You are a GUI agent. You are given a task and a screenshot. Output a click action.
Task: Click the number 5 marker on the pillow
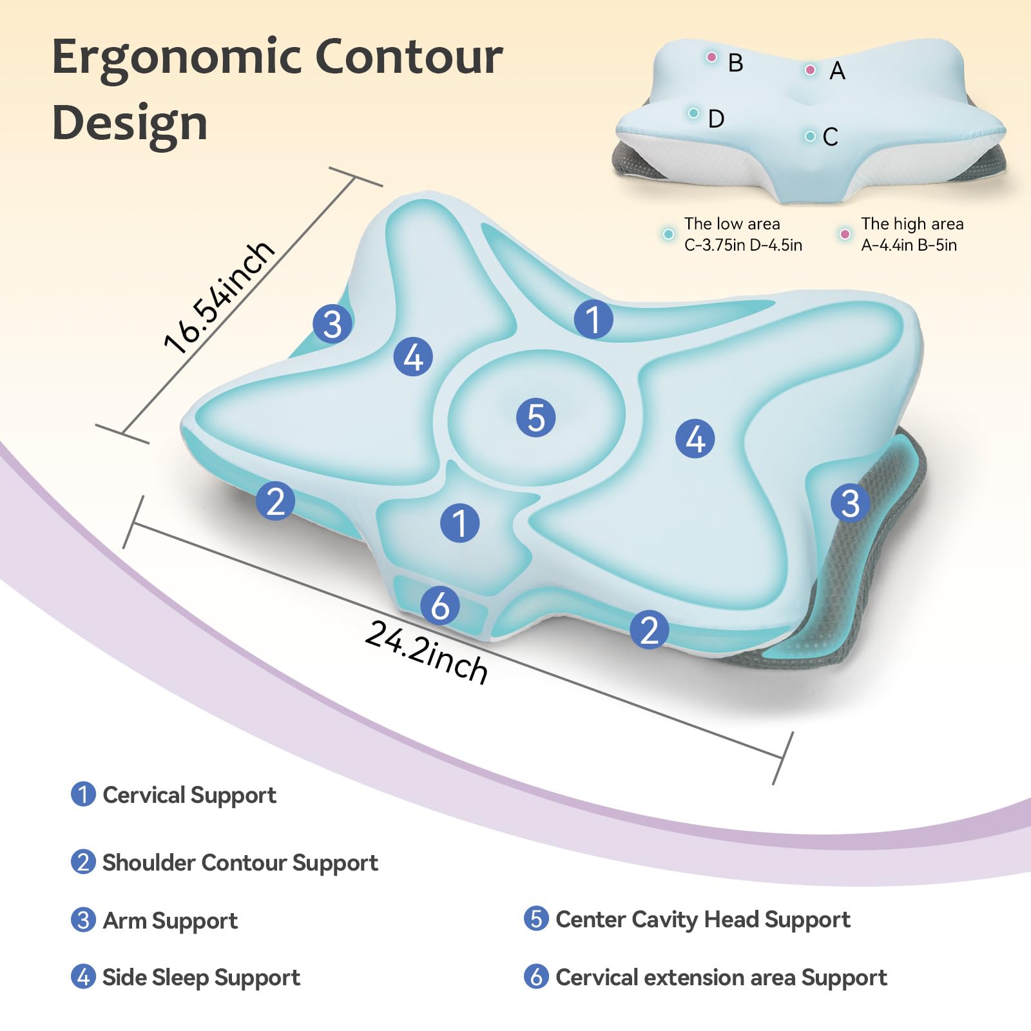pyautogui.click(x=535, y=418)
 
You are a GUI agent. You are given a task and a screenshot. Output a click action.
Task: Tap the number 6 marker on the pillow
pyautogui.click(x=440, y=606)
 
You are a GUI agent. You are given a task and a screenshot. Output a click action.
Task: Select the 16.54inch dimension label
pyautogui.click(x=218, y=297)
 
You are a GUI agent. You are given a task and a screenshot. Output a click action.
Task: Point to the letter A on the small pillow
pyautogui.click(x=837, y=71)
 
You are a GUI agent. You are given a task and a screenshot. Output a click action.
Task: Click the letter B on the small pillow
pyautogui.click(x=735, y=63)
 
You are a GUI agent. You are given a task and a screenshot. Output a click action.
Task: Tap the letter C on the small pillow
pyautogui.click(x=830, y=137)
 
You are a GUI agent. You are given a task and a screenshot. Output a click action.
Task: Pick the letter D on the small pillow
pyautogui.click(x=716, y=119)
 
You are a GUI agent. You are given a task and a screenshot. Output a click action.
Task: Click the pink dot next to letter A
pyautogui.click(x=811, y=70)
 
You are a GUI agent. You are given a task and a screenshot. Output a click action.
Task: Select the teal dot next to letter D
pyautogui.click(x=693, y=113)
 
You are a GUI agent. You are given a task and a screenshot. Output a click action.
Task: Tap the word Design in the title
pyautogui.click(x=130, y=122)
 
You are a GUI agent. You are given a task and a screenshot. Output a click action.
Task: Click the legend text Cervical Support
pyautogui.click(x=189, y=795)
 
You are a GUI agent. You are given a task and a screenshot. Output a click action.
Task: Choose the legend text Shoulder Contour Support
pyautogui.click(x=240, y=863)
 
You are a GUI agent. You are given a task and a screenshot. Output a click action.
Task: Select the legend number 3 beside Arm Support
pyautogui.click(x=83, y=920)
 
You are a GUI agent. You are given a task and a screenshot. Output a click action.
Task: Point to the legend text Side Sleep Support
pyautogui.click(x=201, y=978)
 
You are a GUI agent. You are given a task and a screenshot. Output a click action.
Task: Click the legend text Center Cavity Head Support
pyautogui.click(x=703, y=920)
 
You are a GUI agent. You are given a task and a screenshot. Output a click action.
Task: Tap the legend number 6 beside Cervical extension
pyautogui.click(x=536, y=977)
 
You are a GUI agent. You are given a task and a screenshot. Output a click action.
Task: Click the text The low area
pyautogui.click(x=732, y=224)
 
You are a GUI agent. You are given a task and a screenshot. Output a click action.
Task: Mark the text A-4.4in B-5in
pyautogui.click(x=909, y=245)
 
